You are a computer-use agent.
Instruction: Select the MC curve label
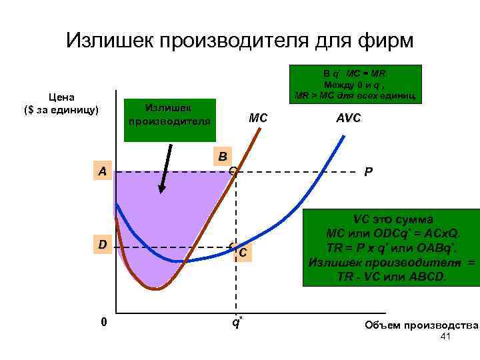click(x=258, y=118)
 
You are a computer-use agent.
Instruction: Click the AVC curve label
click(x=349, y=118)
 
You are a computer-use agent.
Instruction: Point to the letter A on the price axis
click(x=101, y=172)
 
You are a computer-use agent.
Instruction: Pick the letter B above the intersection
click(x=223, y=157)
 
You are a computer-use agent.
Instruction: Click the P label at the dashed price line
click(x=368, y=172)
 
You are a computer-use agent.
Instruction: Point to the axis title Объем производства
click(x=421, y=325)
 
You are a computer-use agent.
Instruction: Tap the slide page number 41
click(x=446, y=338)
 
